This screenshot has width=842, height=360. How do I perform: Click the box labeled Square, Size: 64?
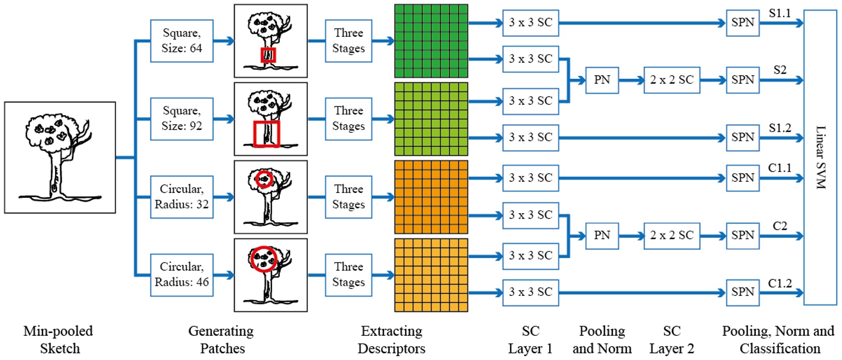(182, 41)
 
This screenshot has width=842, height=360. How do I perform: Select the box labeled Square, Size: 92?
(182, 119)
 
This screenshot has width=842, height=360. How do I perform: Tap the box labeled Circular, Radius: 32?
(182, 197)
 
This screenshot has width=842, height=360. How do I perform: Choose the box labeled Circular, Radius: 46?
(182, 275)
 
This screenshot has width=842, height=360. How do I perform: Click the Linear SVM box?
(820, 158)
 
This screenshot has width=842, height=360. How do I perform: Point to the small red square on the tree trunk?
(268, 55)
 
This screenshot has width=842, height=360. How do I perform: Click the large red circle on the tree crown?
(263, 259)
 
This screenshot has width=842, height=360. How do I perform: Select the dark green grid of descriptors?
(431, 41)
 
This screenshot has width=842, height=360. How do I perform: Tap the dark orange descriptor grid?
(431, 197)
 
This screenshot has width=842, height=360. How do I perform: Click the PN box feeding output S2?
(602, 80)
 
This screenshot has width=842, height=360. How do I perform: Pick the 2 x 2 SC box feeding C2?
(671, 235)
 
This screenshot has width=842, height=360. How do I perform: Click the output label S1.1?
(779, 14)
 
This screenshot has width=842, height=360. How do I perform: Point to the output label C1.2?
(779, 283)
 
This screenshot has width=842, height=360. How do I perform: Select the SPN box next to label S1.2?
(743, 137)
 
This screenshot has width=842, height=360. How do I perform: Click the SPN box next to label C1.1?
(743, 178)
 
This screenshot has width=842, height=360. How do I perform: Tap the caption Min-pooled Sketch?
(59, 339)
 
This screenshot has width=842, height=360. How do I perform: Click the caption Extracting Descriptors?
(391, 339)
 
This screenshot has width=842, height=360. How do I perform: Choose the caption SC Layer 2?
(671, 339)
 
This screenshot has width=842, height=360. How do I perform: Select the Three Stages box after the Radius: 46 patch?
(348, 275)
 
